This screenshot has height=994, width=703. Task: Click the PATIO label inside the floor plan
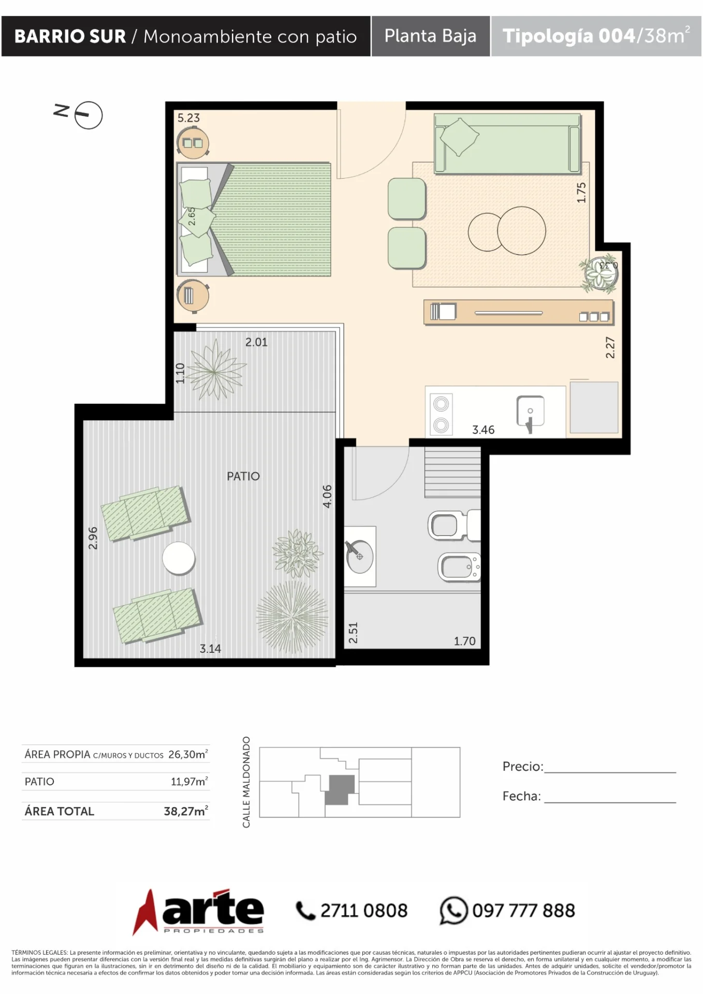[243, 476]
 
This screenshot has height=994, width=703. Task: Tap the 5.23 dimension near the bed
[188, 118]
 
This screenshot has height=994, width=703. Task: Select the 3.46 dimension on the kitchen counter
[483, 430]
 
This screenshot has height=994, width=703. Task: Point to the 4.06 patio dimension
[327, 496]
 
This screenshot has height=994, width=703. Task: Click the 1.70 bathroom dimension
[464, 641]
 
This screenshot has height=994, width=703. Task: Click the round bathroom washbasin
[360, 557]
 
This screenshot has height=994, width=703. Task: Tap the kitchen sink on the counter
[531, 412]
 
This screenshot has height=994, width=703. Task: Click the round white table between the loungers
[179, 558]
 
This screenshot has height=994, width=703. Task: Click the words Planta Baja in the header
[430, 36]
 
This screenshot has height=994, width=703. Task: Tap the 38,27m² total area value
[186, 811]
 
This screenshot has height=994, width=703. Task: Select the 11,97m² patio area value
[189, 781]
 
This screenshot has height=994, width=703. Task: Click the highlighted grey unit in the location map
[340, 790]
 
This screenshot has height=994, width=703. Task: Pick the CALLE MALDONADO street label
[246, 782]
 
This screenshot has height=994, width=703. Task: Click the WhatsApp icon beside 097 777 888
[453, 911]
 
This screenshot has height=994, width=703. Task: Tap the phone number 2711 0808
[364, 911]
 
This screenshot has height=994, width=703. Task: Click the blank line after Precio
[610, 772]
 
